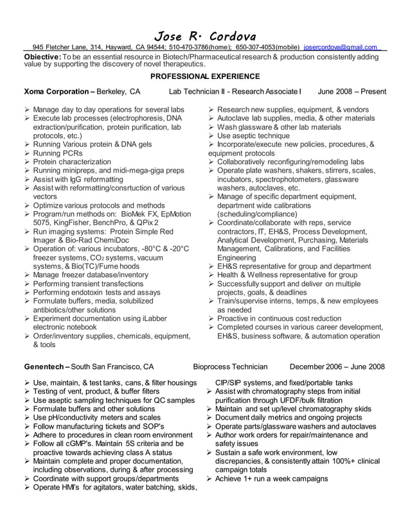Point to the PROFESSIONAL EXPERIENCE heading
pyautogui.click(x=205, y=76)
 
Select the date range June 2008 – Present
pyautogui.click(x=352, y=92)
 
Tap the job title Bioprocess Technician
pyautogui.click(x=230, y=367)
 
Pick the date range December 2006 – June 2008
pyautogui.click(x=337, y=367)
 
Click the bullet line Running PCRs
pyautogui.click(x=58, y=153)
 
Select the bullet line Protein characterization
pyautogui.click(x=72, y=162)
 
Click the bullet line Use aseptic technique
pyautogui.click(x=253, y=136)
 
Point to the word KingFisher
pyautogui.click(x=75, y=223)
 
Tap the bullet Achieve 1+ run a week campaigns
pyautogui.click(x=272, y=479)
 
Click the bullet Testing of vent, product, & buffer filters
pyautogui.click(x=96, y=391)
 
